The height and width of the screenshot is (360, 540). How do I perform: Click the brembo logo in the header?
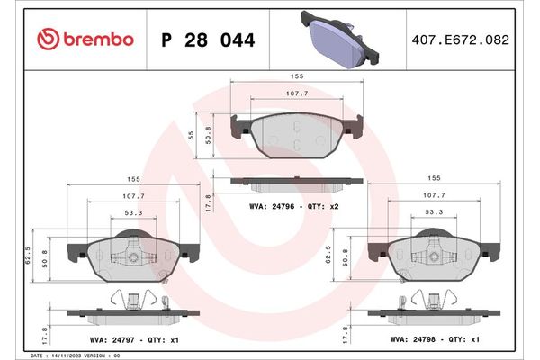click(86, 40)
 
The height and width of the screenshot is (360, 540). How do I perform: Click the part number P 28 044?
click(207, 40)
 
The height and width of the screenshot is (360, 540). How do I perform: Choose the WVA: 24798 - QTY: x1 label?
click(427, 339)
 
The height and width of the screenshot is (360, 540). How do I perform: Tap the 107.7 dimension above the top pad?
click(296, 94)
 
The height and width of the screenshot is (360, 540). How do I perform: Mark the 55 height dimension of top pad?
click(190, 132)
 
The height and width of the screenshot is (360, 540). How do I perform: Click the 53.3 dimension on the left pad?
click(131, 213)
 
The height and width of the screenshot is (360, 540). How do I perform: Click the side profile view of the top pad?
click(296, 183)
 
